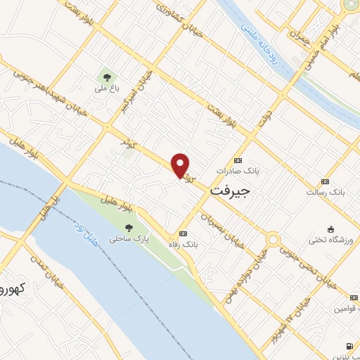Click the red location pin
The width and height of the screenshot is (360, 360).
181,165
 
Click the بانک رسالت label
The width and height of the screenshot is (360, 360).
326,191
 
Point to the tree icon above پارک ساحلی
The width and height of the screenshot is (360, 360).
129,228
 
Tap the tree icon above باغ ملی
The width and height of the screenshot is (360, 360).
107,77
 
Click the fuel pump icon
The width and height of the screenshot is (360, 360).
350,347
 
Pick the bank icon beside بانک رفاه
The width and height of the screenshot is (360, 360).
183,233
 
